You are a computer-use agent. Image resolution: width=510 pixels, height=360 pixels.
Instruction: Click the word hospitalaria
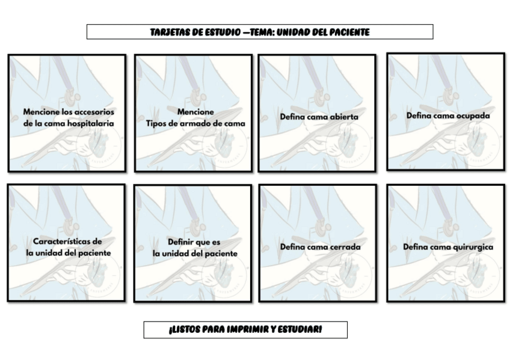pos(90,123)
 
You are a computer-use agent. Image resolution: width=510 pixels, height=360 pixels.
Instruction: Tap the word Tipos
pos(158,123)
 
